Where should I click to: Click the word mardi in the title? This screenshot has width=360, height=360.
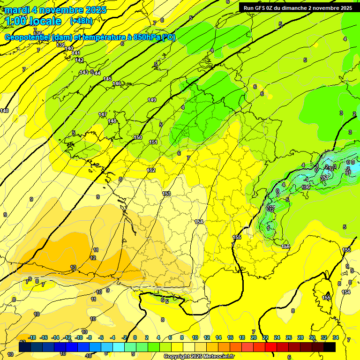[17, 10]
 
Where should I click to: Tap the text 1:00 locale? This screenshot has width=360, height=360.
[34, 21]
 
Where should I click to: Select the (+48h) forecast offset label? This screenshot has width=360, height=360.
[81, 21]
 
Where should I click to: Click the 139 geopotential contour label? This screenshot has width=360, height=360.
[60, 45]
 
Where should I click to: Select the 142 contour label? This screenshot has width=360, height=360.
[80, 60]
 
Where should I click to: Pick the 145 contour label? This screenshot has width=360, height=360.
[108, 79]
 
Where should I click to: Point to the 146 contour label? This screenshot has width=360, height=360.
[117, 83]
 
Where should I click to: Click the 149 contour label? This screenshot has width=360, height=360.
[152, 100]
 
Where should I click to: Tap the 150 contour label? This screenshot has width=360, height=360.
[138, 137]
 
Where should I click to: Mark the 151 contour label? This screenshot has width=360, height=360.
[153, 142]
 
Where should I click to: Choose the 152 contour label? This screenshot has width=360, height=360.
[151, 170]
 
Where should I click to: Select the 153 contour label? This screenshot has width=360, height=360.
[166, 194]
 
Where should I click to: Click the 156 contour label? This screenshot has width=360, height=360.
[285, 247]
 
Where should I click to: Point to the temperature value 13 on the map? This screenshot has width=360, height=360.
[73, 267]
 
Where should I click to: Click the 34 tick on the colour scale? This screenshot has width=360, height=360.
[336, 337]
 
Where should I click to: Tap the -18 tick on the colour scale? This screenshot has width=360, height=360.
[32, 337]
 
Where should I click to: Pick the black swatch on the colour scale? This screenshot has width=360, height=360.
[329, 346]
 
